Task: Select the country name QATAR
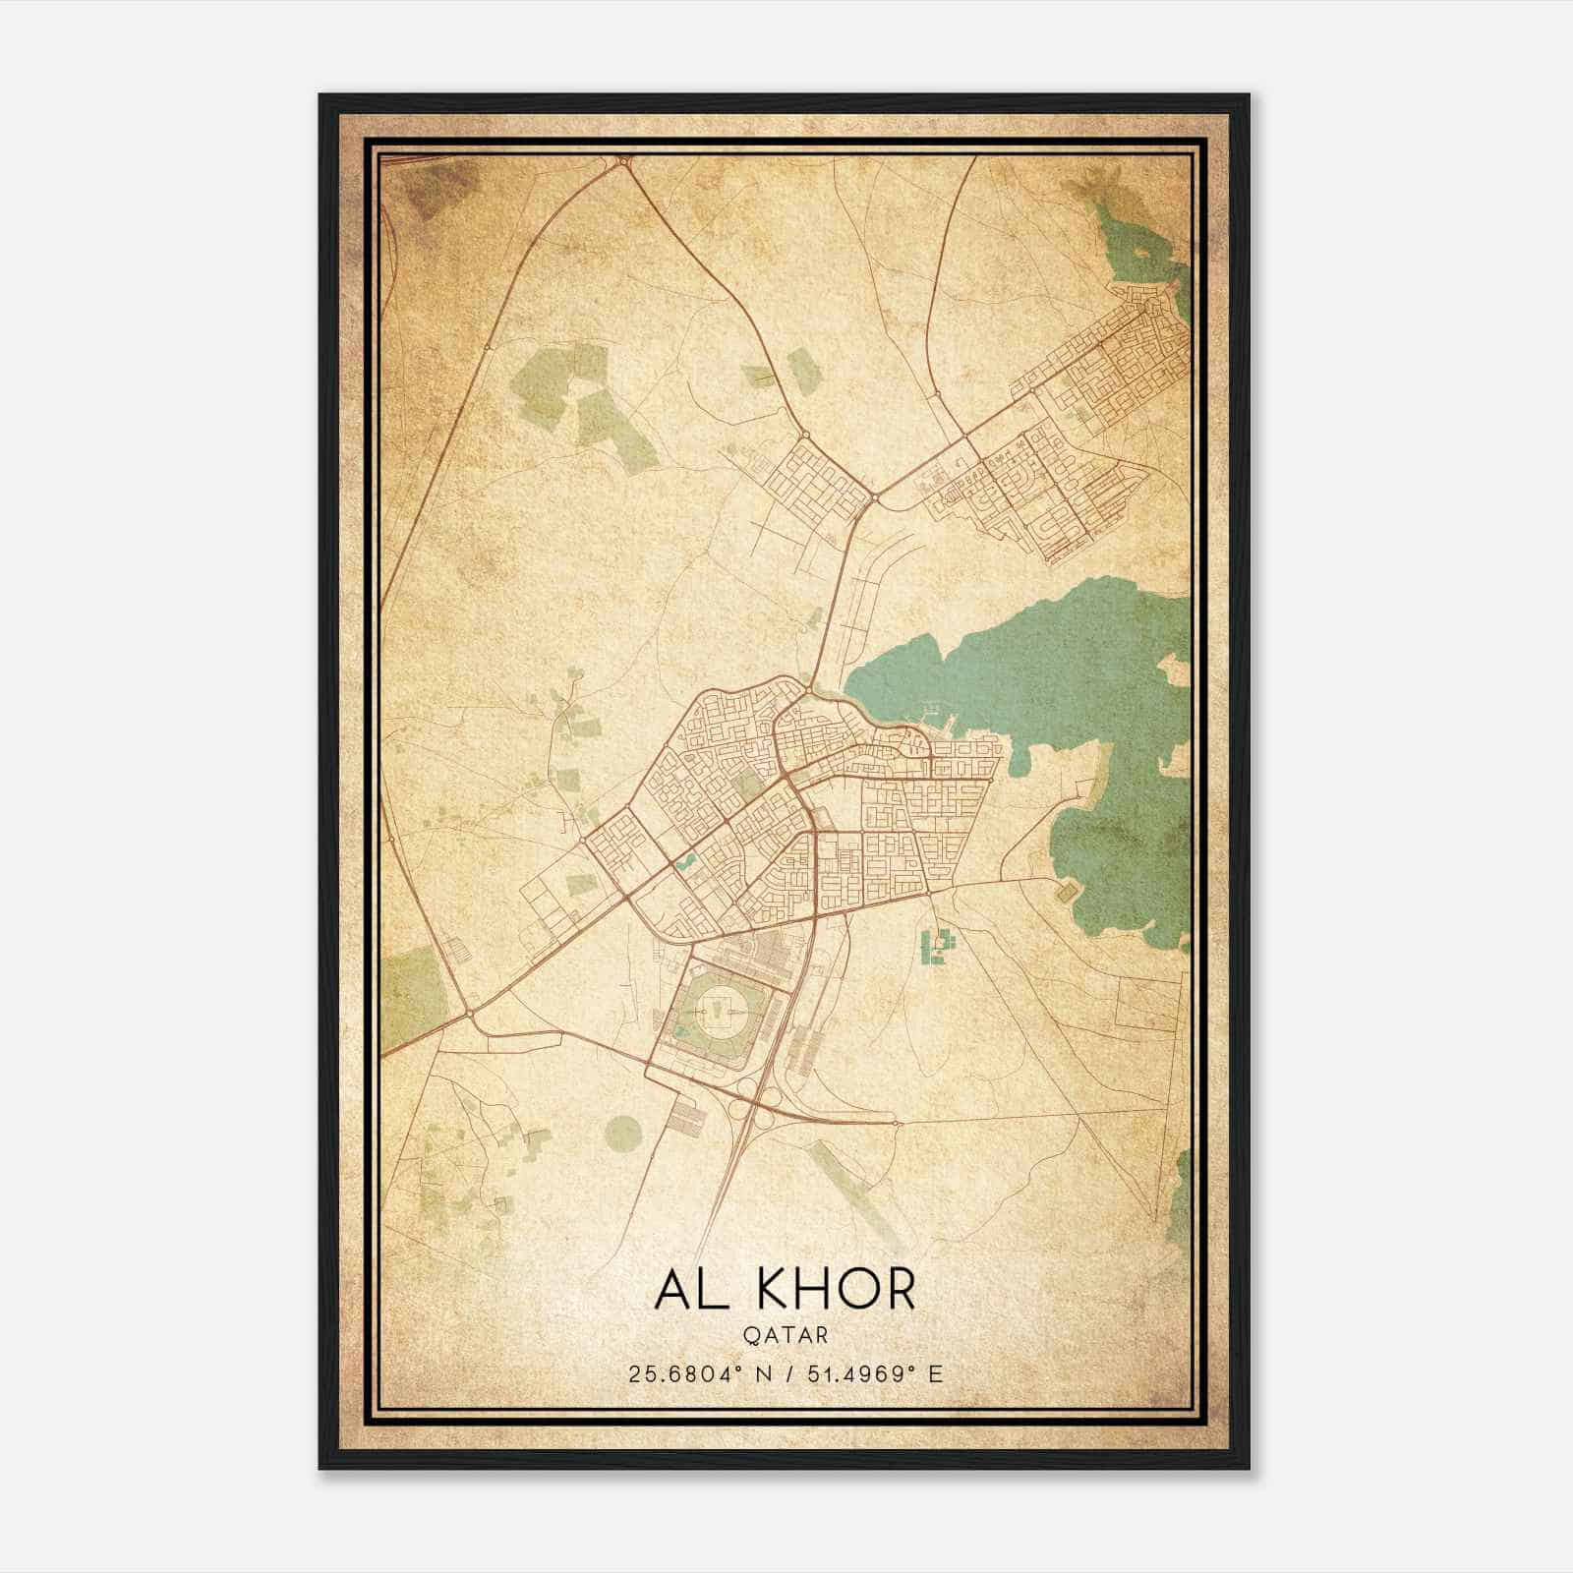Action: (x=786, y=1335)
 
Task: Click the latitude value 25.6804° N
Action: (x=690, y=1373)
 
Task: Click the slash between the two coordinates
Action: (x=786, y=1373)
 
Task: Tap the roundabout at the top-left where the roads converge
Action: (x=622, y=159)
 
